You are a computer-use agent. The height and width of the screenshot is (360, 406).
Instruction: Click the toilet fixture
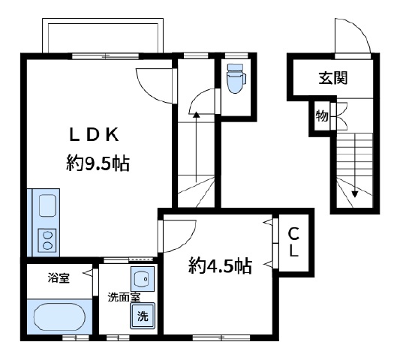pyautogui.click(x=236, y=78)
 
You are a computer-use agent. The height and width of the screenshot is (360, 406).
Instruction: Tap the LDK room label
pyautogui.click(x=95, y=134)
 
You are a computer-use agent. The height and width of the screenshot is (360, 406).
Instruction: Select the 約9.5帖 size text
pyautogui.click(x=98, y=163)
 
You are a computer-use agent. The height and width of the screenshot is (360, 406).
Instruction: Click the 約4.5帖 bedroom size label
pyautogui.click(x=221, y=265)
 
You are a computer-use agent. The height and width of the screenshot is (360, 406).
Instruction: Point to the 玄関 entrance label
pyautogui.click(x=333, y=78)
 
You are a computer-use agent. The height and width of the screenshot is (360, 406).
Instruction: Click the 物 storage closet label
pyautogui.click(x=322, y=115)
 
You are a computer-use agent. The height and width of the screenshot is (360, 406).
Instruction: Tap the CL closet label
pyautogui.click(x=293, y=242)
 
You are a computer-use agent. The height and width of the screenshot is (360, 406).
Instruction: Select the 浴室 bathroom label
pyautogui.click(x=59, y=278)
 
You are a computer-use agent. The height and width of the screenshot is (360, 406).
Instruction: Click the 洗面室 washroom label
pyautogui.click(x=124, y=297)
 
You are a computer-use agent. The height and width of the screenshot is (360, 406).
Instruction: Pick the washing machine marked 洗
pyautogui.click(x=143, y=316)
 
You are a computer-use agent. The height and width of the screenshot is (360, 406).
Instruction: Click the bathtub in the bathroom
pyautogui.click(x=59, y=316)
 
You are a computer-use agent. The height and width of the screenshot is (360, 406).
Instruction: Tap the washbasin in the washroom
pyautogui.click(x=142, y=279)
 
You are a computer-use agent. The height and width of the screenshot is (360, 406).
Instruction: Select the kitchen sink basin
pyautogui.click(x=47, y=205)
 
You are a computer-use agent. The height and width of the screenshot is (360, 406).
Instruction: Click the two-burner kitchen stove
pyautogui.click(x=47, y=241)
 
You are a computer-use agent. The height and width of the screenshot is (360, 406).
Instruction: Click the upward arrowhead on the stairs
pyautogui.click(x=197, y=114)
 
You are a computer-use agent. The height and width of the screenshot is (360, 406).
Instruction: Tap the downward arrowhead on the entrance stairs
pyautogui.click(x=354, y=194)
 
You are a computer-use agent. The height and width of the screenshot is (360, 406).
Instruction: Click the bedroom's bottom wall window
pyautogui.click(x=221, y=337)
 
